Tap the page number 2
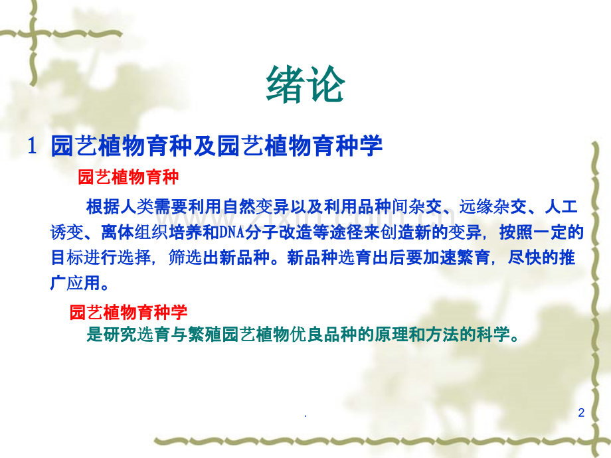tap(581, 414)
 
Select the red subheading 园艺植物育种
tap(129, 177)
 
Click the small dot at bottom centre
tap(305, 419)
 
